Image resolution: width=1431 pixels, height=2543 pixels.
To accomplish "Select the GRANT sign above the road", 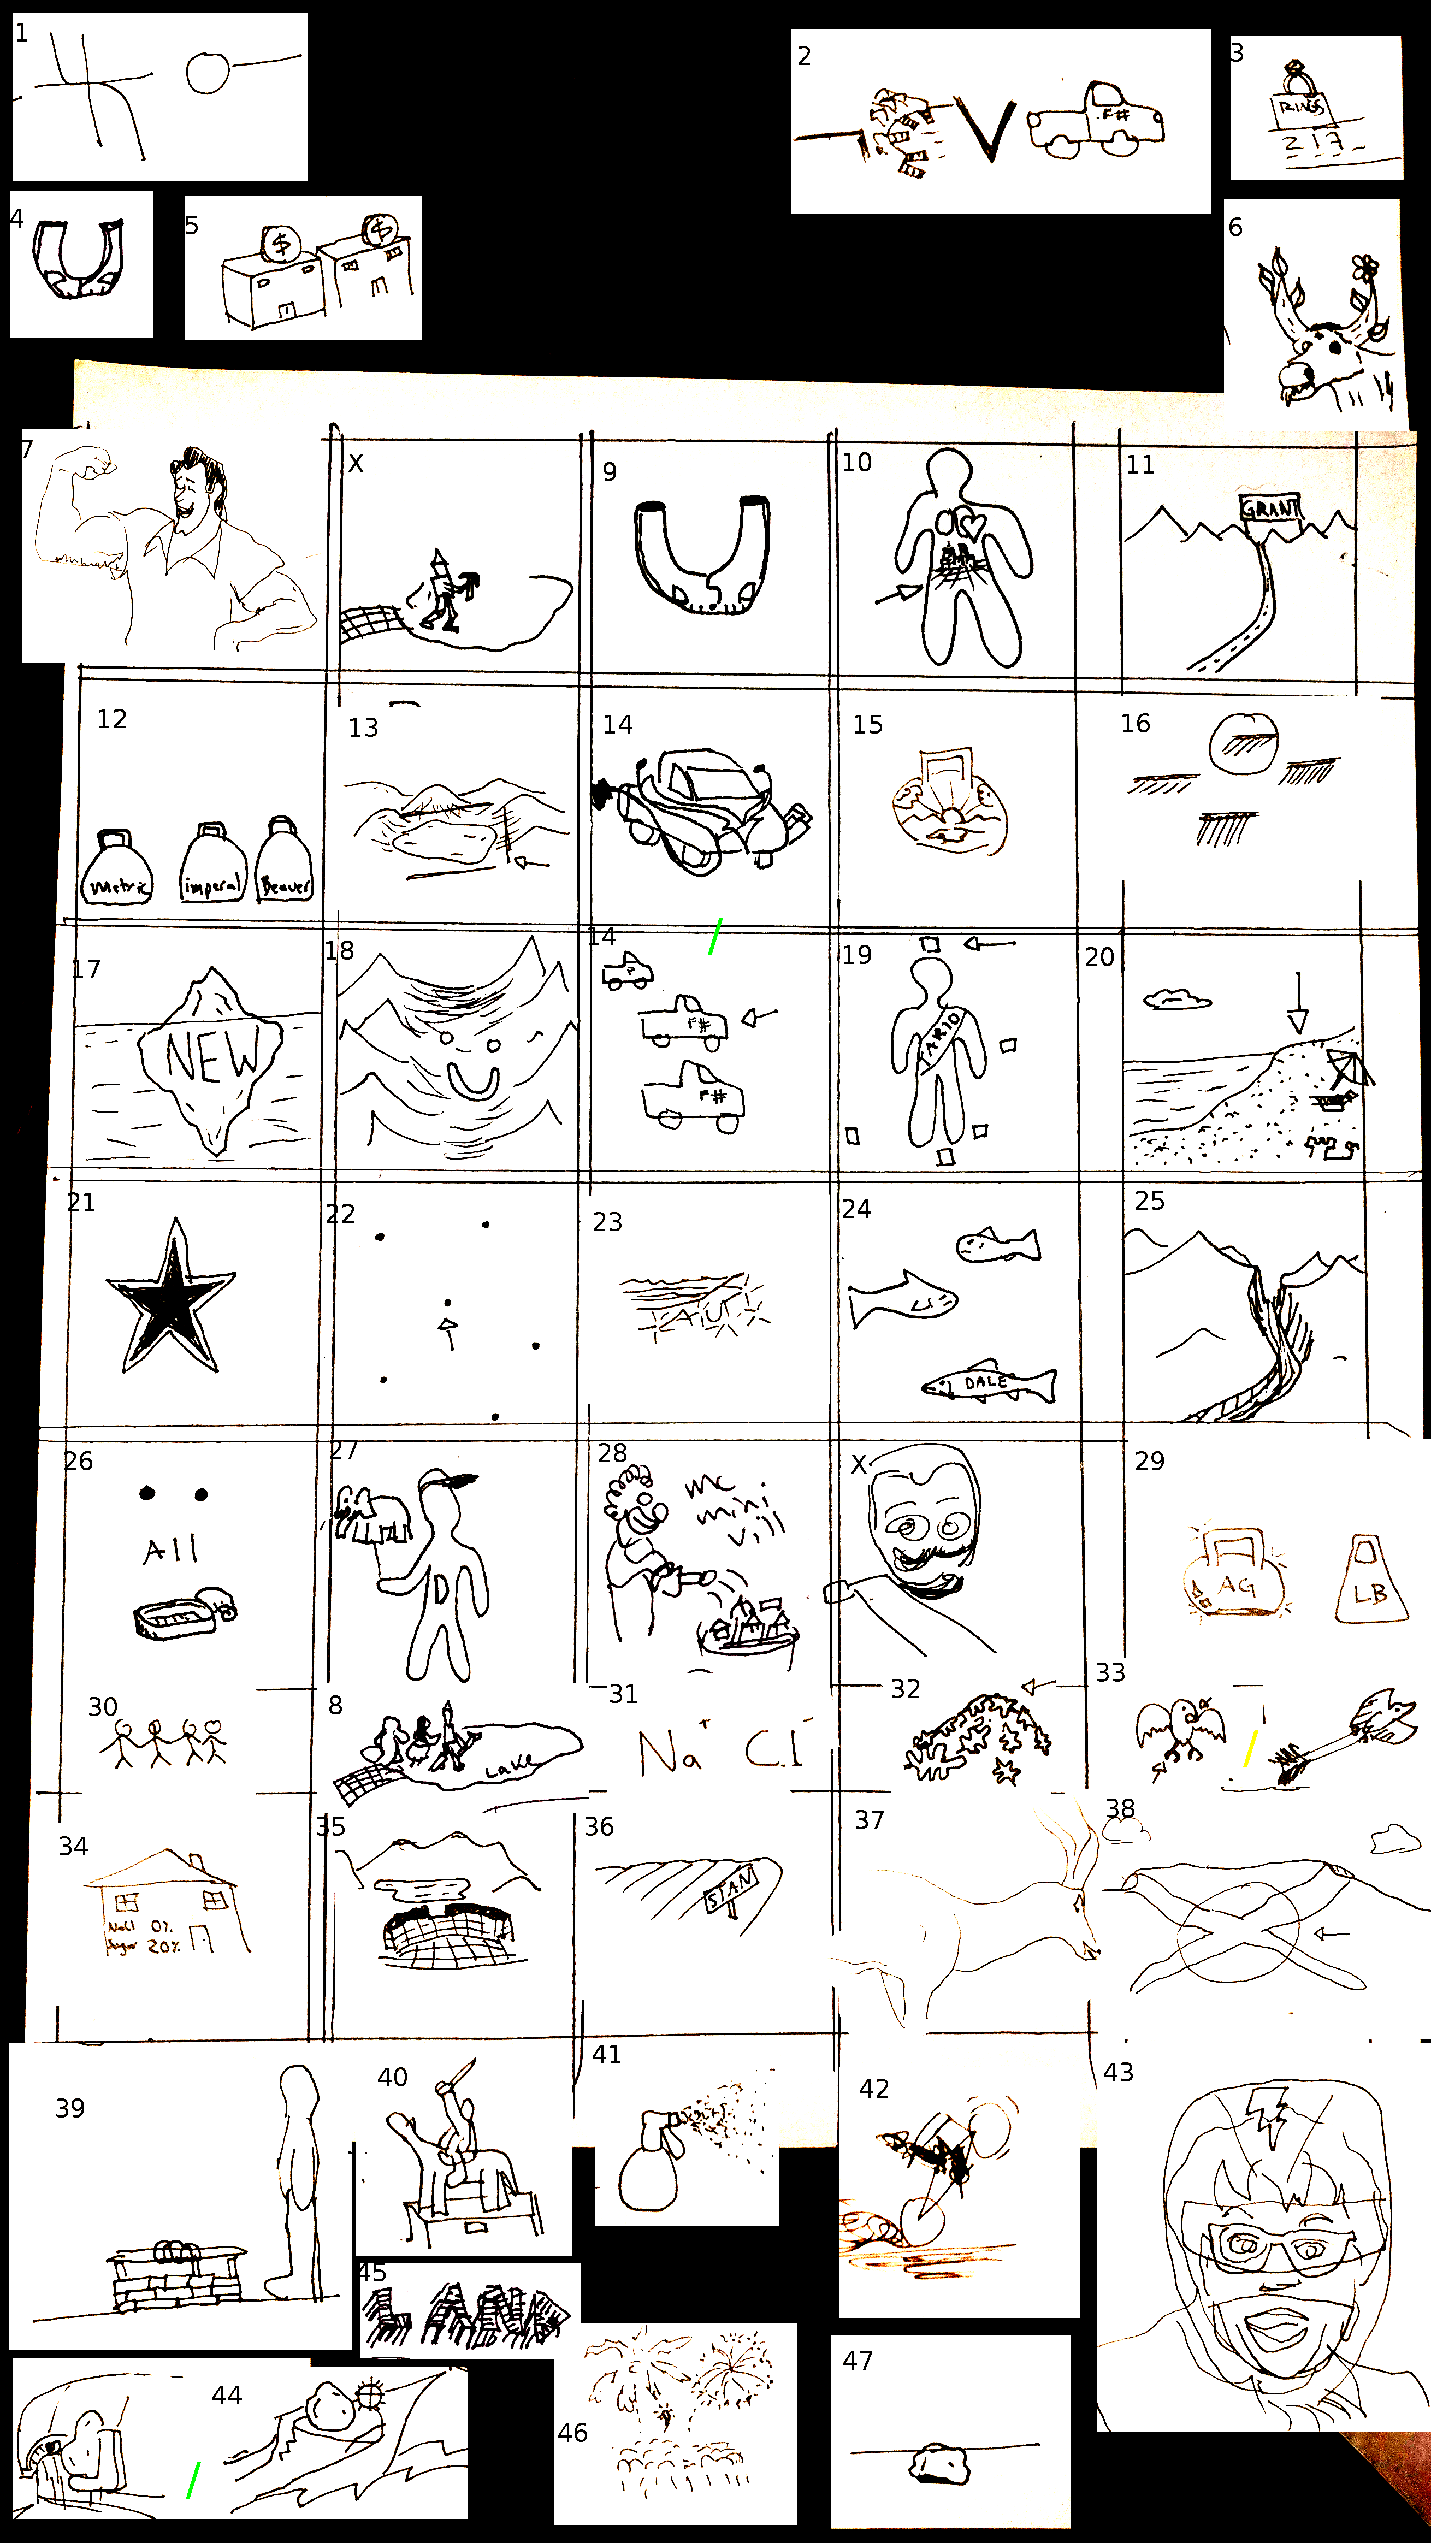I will point(1269,508).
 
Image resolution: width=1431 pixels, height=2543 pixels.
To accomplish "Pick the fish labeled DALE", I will point(990,1384).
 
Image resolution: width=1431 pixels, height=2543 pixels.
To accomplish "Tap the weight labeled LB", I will point(1370,1582).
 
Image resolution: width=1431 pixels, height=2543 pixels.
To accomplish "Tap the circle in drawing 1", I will point(208,72).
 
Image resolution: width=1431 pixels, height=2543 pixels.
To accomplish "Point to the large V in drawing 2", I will point(989,131).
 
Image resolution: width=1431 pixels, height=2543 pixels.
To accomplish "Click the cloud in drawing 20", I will point(1178,999).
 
